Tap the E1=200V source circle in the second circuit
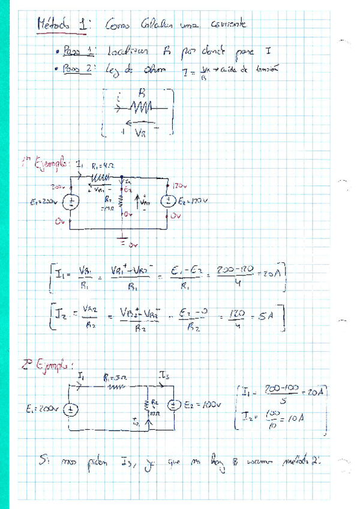pos(71,410)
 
